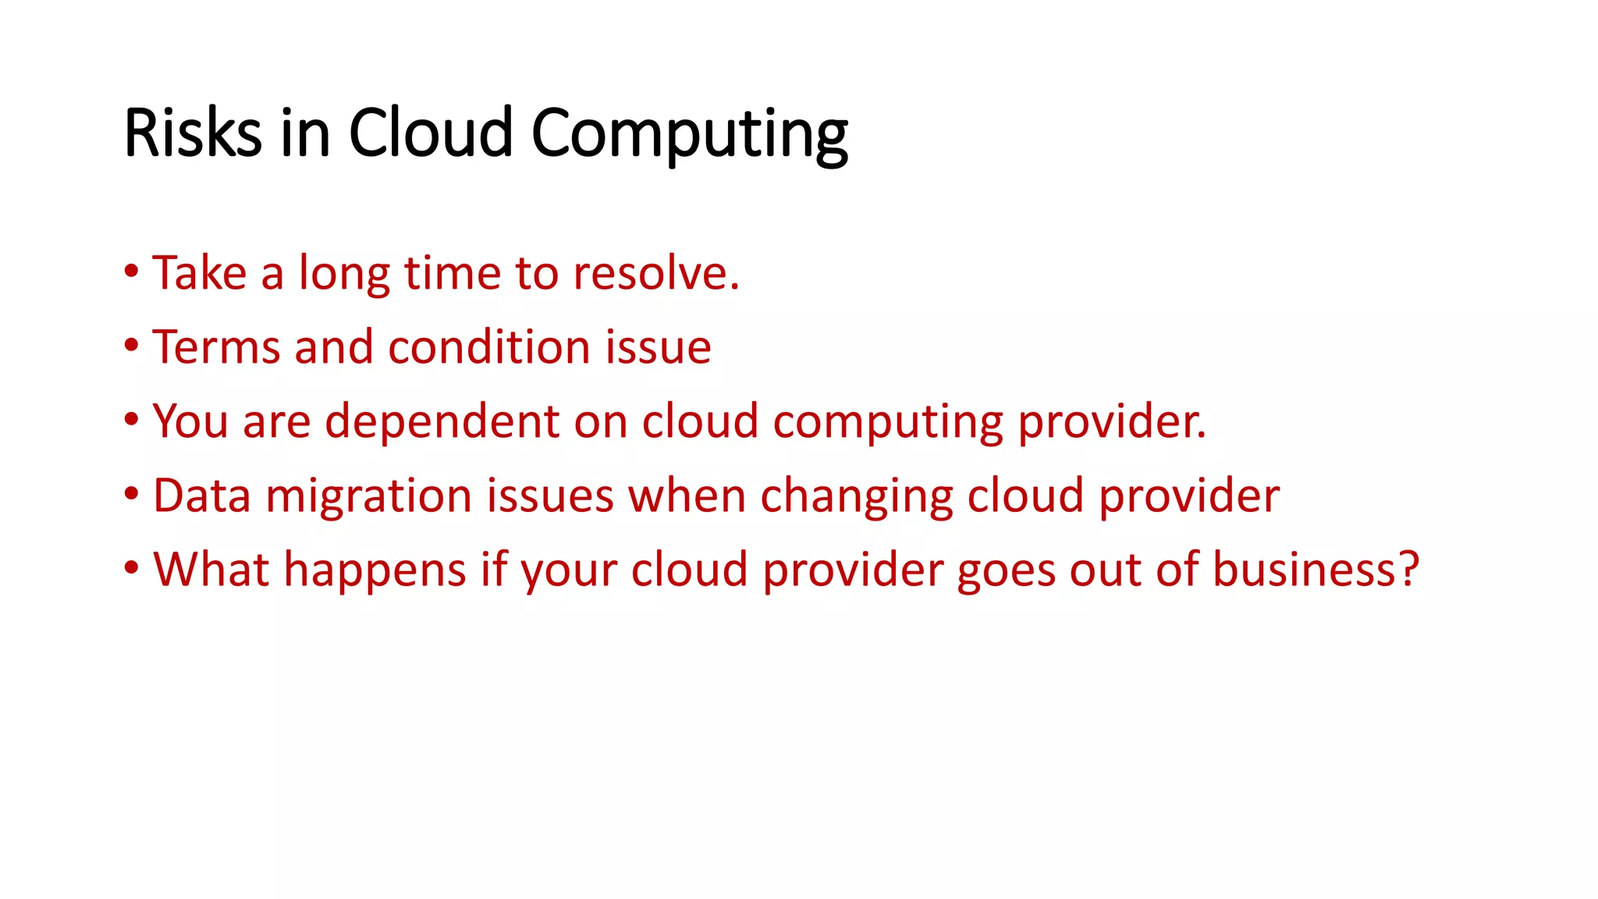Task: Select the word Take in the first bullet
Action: pos(200,273)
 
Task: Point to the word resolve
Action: pos(655,273)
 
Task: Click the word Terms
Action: pos(216,347)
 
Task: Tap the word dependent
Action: pos(442,421)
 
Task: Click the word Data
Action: pos(201,496)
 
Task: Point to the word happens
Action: pos(375,571)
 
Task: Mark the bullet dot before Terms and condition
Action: pos(131,346)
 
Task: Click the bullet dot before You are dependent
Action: pos(131,420)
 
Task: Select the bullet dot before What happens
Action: pos(131,568)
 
